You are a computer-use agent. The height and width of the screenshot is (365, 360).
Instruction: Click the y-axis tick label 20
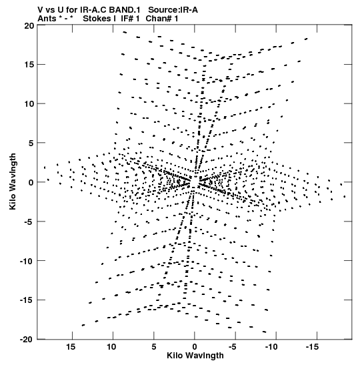pyautogui.click(x=29, y=25)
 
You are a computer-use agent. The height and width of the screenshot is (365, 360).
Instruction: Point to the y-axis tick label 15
pyautogui.click(x=29, y=65)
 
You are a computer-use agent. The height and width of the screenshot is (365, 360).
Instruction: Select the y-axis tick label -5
pyautogui.click(x=28, y=222)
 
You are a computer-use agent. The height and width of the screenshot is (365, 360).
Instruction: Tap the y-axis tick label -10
pyautogui.click(x=25, y=261)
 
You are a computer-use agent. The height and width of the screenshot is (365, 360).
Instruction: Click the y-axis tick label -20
pyautogui.click(x=25, y=340)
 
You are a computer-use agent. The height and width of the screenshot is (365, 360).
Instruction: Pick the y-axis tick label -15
pyautogui.click(x=25, y=300)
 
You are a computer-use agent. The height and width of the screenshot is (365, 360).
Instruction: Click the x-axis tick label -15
pyautogui.click(x=312, y=347)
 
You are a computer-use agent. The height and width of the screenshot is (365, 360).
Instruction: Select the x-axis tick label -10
pyautogui.click(x=271, y=347)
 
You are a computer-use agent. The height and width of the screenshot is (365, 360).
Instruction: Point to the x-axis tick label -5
pyautogui.click(x=232, y=347)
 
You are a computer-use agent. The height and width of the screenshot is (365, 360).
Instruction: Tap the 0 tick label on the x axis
pyautogui.click(x=195, y=347)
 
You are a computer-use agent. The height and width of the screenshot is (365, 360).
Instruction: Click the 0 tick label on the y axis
pyautogui.click(x=31, y=182)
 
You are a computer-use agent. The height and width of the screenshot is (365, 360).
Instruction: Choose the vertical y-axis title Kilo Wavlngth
pyautogui.click(x=13, y=181)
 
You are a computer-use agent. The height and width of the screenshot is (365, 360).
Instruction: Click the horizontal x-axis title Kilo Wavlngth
pyautogui.click(x=195, y=356)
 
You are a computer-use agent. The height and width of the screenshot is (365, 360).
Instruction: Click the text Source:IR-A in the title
pyautogui.click(x=173, y=10)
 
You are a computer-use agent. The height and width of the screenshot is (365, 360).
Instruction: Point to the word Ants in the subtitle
pyautogui.click(x=47, y=19)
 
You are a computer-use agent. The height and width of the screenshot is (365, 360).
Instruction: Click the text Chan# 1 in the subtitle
pyautogui.click(x=162, y=19)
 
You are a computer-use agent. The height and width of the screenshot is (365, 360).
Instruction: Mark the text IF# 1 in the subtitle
pyautogui.click(x=130, y=19)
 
